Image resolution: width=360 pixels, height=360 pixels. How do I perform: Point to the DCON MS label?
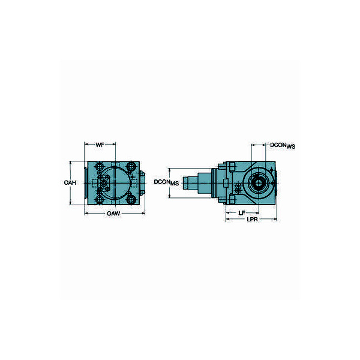click(164, 182)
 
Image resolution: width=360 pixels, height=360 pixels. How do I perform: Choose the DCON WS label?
click(283, 145)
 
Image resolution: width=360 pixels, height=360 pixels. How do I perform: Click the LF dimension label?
click(241, 212)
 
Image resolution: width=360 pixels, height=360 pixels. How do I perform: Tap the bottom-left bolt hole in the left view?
click(98, 198)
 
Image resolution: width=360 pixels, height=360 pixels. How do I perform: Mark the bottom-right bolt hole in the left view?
click(130, 198)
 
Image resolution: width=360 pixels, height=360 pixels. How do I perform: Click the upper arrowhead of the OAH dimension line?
click(72, 162)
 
